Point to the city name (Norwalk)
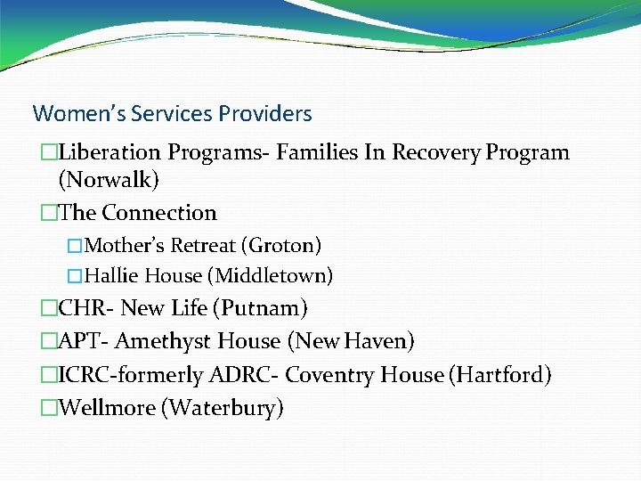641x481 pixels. [x=109, y=181]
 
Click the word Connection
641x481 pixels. [x=159, y=213]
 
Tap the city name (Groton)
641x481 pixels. [x=285, y=245]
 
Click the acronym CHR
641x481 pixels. [x=82, y=309]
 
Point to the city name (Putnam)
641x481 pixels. [x=260, y=309]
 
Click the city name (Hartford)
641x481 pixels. [x=501, y=375]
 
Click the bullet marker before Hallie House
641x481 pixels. [x=75, y=276]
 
